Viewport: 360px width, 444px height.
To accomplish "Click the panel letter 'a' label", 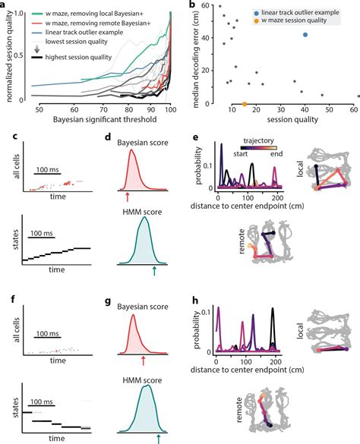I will coord(5,5).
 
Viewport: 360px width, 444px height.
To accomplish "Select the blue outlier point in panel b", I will coord(305,35).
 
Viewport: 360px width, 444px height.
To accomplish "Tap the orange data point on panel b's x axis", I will coord(244,104).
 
